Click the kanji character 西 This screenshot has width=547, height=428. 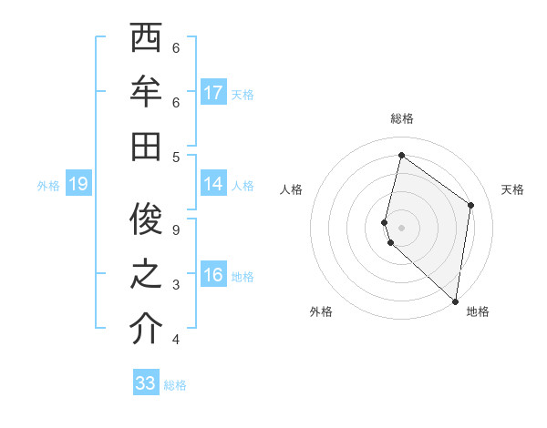[146, 41]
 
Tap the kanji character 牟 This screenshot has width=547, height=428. [146, 93]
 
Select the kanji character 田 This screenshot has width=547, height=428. [146, 146]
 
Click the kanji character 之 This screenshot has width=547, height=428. [146, 276]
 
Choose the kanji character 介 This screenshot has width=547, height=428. [146, 330]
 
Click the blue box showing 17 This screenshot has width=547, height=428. [213, 93]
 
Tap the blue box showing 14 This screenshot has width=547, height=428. [213, 184]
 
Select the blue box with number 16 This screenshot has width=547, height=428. [213, 276]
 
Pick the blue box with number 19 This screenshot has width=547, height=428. [77, 185]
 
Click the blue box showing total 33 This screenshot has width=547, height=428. [146, 383]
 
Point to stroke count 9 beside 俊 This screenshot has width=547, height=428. [176, 229]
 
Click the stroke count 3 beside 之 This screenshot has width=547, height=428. [176, 285]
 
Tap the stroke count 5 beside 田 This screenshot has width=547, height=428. [176, 156]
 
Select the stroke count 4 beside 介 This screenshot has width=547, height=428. [176, 340]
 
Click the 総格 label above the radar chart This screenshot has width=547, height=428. [401, 118]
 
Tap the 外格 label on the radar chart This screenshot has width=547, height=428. [321, 311]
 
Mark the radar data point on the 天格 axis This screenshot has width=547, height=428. [470, 205]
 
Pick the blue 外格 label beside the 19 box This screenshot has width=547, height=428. [48, 186]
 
